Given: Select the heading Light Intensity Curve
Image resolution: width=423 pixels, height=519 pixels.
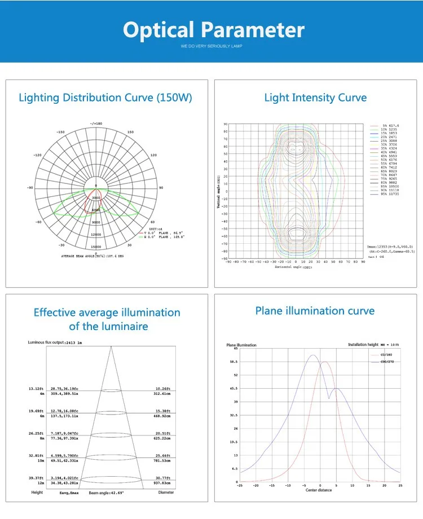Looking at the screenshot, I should [x=315, y=98].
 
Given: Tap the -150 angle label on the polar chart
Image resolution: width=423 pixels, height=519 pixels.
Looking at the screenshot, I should [x=60, y=133].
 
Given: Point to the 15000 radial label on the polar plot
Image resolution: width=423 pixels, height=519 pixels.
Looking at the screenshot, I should [x=96, y=247].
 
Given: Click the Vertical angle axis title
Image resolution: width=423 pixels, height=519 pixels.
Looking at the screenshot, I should [x=218, y=191].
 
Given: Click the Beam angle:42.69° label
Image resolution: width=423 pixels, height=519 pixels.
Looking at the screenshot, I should [x=106, y=492].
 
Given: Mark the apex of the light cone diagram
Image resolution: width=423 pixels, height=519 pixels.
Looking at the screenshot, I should [x=111, y=346].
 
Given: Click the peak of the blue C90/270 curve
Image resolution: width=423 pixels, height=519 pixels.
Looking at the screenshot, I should [x=312, y=355].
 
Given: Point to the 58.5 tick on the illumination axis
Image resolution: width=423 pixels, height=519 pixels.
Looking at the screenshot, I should [x=233, y=362].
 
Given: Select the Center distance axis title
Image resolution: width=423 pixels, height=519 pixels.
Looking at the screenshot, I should [x=319, y=490].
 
